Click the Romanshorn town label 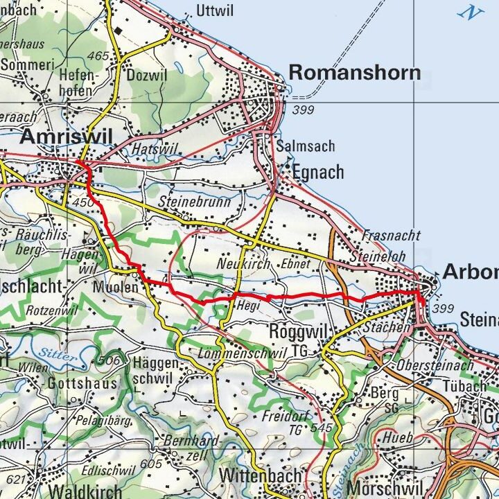click(x=354, y=72)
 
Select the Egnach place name click(x=317, y=172)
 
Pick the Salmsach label click(x=305, y=146)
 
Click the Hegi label click(x=247, y=305)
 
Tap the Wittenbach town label click(x=261, y=476)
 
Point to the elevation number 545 click(x=323, y=428)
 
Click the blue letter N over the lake click(x=474, y=12)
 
